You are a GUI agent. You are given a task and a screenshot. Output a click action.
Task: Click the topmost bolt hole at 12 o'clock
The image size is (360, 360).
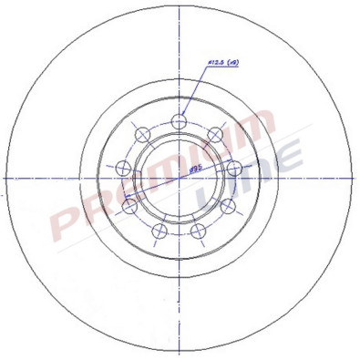click(x=180, y=118)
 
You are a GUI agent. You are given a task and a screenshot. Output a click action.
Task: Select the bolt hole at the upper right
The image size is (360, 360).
click(x=216, y=134)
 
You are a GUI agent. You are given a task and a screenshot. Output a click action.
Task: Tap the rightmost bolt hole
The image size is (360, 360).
click(x=235, y=168)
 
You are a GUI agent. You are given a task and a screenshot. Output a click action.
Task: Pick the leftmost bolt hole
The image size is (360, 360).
click(x=123, y=168)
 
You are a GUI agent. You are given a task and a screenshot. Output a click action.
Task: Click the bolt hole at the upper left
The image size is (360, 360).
click(x=142, y=134)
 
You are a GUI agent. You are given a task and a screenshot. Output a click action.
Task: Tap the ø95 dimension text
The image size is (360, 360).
click(x=193, y=170)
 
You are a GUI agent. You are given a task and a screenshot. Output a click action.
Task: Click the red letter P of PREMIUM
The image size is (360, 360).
click(x=64, y=219)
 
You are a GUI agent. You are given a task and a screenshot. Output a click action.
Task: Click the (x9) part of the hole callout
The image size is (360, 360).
click(x=233, y=63)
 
